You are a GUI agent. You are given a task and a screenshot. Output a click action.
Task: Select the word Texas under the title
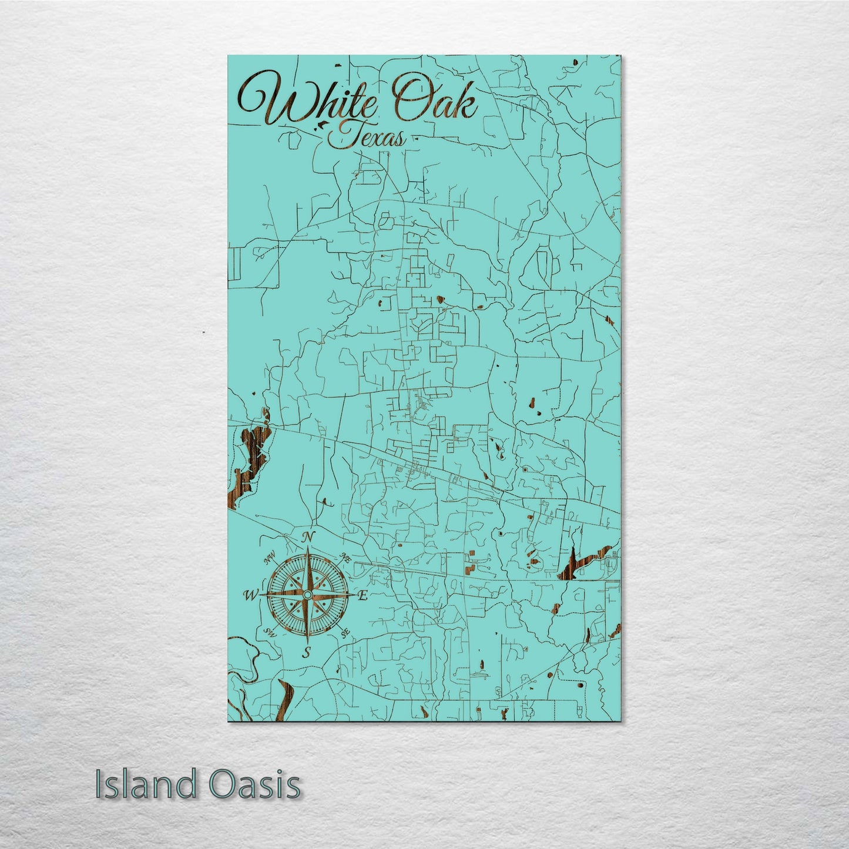(x=367, y=138)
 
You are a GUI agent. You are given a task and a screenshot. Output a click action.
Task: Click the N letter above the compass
(x=307, y=536)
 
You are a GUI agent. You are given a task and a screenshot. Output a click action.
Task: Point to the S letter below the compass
(x=306, y=652)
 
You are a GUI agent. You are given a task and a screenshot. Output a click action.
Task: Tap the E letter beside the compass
(x=363, y=596)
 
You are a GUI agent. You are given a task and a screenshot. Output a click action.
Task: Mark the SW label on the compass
(x=270, y=633)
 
